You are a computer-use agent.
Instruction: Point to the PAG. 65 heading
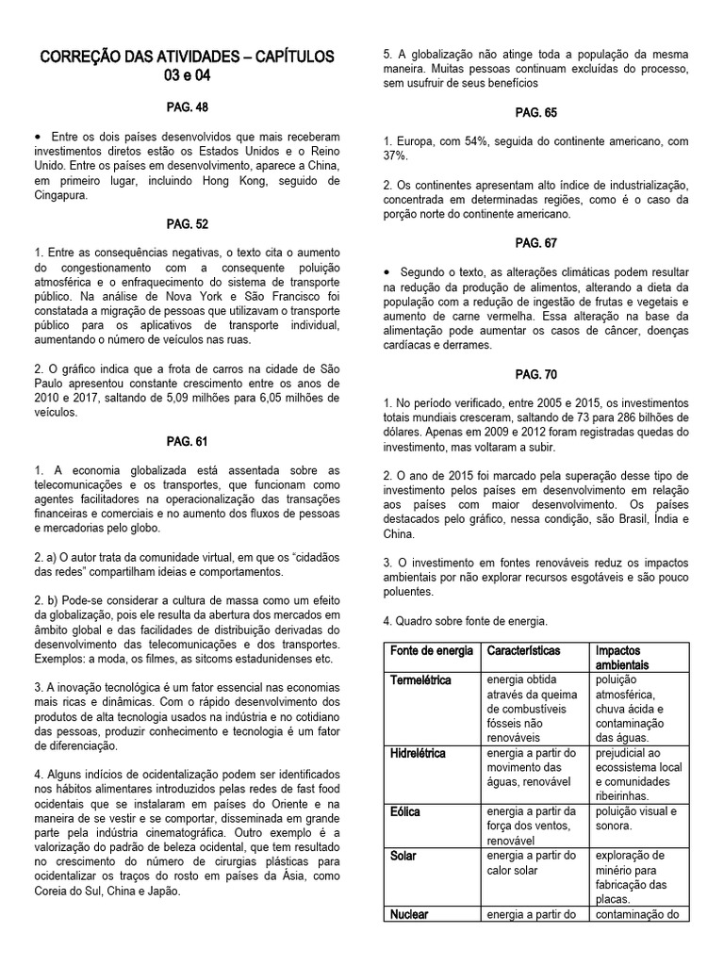[535, 112]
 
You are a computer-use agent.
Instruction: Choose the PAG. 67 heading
[535, 242]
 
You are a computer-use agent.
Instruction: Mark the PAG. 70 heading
[535, 374]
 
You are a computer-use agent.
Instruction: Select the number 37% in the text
[396, 155]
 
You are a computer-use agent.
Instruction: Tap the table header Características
[523, 651]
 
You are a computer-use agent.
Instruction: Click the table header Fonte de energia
[432, 651]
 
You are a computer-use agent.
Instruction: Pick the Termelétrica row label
[420, 680]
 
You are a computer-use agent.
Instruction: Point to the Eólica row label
[405, 811]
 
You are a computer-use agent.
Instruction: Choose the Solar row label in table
[403, 856]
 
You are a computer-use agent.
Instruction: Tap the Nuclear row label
[410, 913]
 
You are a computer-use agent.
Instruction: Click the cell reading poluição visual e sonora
[639, 818]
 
